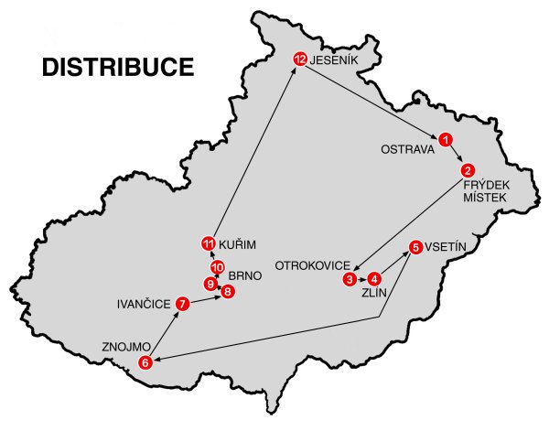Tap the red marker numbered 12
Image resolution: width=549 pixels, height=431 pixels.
click(x=299, y=59)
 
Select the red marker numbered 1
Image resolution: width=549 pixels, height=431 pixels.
click(x=445, y=139)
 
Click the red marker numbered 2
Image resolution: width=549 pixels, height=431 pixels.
click(x=468, y=169)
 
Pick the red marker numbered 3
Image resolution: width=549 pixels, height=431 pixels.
click(x=350, y=278)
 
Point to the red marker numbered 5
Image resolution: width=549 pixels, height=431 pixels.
click(x=416, y=246)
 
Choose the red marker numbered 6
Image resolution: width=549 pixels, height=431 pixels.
click(x=145, y=363)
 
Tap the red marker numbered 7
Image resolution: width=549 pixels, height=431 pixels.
click(x=182, y=303)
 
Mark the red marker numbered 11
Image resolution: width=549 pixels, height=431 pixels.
click(x=208, y=243)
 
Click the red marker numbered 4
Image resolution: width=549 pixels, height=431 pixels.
click(x=374, y=279)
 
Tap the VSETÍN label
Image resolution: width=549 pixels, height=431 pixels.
click(x=449, y=247)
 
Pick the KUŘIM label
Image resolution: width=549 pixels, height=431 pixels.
click(x=239, y=244)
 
